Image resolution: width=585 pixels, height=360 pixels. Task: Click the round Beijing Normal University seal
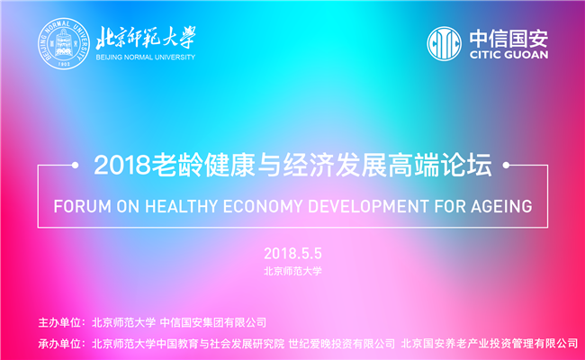64,43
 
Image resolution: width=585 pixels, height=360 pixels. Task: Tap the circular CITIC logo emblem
444,43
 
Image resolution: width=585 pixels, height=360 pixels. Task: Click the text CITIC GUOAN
508,55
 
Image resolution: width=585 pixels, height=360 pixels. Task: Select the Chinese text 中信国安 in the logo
508,39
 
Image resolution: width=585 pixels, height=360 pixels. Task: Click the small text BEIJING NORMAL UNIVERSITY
146,57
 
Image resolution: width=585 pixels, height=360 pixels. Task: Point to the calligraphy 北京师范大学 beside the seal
146,38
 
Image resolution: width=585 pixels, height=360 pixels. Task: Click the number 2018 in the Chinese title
122,165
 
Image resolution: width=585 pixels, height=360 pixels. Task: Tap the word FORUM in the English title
83,206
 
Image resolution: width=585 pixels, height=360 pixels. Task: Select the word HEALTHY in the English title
181,206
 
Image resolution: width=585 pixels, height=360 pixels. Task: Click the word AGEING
501,206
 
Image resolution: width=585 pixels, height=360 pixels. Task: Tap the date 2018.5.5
292,254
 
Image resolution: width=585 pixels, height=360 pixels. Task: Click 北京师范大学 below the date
292,271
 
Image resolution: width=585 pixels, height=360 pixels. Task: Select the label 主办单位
59,322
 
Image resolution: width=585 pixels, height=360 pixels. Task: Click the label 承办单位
59,343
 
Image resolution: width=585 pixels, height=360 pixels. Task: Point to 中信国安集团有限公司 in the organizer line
213,322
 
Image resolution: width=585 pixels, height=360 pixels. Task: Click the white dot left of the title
75,165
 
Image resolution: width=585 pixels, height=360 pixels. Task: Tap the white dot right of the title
506,165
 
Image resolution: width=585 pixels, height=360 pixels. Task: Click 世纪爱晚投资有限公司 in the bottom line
341,343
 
